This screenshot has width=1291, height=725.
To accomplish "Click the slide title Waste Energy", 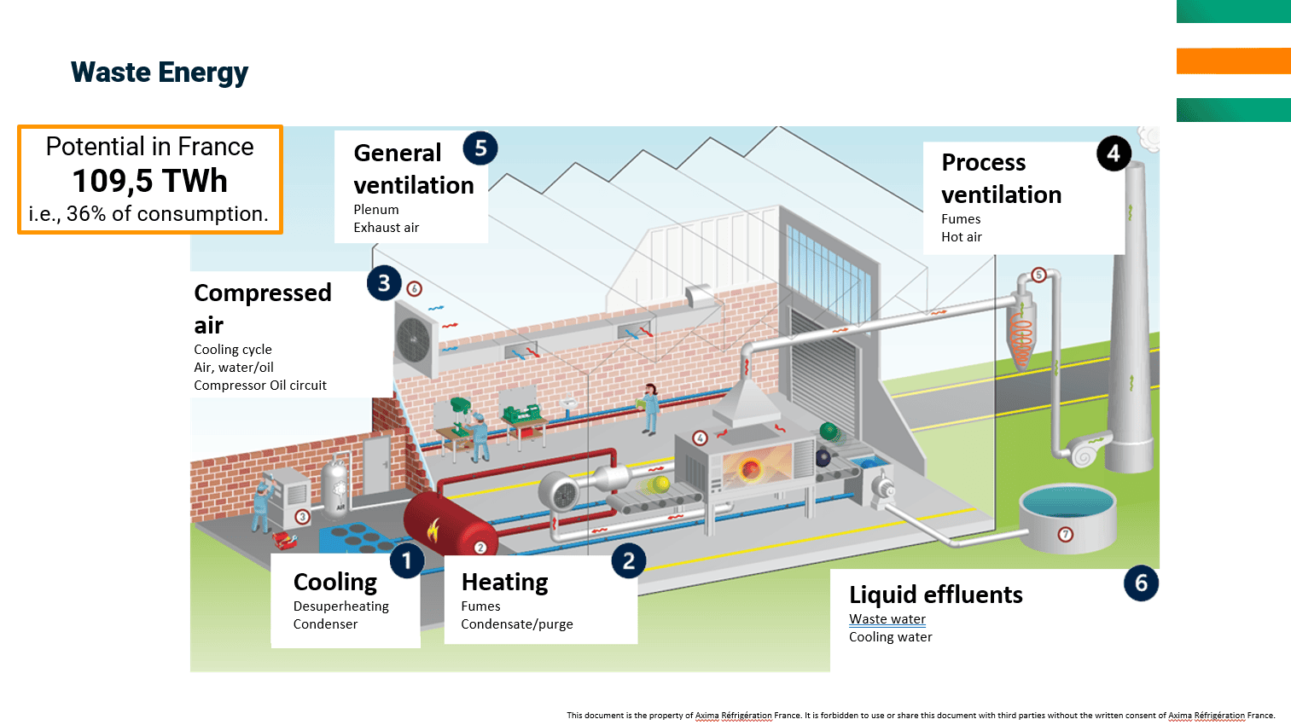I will [x=160, y=72].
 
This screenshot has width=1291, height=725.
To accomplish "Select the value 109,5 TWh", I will [x=150, y=181].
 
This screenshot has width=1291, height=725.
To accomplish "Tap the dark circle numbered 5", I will [x=480, y=148].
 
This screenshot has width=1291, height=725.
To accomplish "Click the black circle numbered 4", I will [x=1114, y=154].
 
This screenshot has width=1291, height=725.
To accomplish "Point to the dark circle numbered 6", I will [x=1141, y=583].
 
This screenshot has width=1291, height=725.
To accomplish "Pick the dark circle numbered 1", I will [x=407, y=560].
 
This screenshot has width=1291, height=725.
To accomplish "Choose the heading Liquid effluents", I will [x=935, y=594].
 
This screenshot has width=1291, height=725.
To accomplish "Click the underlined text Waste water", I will [x=887, y=619].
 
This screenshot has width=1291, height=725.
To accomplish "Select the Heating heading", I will [x=504, y=582].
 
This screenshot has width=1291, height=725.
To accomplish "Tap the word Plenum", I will [x=376, y=210].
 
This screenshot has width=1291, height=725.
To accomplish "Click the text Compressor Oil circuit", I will [x=260, y=386].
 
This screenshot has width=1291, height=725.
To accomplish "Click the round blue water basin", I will [x=1067, y=515].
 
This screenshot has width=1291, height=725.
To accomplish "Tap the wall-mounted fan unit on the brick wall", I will [x=415, y=340].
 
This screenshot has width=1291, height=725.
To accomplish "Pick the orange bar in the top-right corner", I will [x=1233, y=61].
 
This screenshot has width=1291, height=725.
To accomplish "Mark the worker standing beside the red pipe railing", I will [x=651, y=408].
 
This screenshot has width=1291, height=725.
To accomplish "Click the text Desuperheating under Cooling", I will [x=340, y=606].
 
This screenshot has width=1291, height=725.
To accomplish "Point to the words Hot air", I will [x=962, y=237].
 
